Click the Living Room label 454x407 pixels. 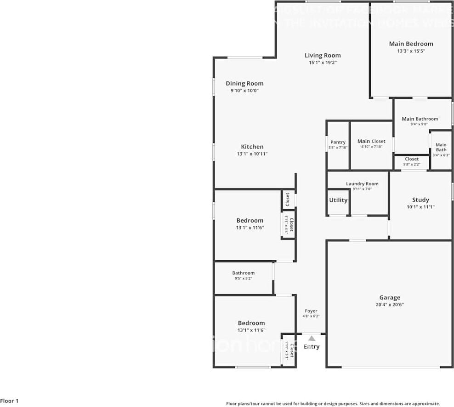tap(323, 56)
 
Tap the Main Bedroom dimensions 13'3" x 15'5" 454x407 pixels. tap(411, 51)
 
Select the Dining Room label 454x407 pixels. tap(244, 84)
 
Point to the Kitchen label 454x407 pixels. tap(252, 147)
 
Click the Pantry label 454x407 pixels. tap(338, 142)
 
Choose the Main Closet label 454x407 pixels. tap(371, 141)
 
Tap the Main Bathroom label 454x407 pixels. tap(420, 119)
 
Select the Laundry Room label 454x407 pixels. tap(362, 184)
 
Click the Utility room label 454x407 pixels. tap(338, 200)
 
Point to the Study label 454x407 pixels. tap(420, 200)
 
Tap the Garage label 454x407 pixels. tap(390, 298)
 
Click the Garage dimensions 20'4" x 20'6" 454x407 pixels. tap(390, 304)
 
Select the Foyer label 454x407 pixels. tap(311, 311)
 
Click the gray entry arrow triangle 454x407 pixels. tap(312, 338)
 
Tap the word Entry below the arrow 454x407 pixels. tap(312, 347)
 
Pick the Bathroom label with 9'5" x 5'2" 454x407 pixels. tap(243, 273)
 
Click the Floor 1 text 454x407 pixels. tap(9, 401)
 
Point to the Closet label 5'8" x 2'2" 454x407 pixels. tap(412, 159)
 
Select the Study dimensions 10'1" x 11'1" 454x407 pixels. tap(420, 207)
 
